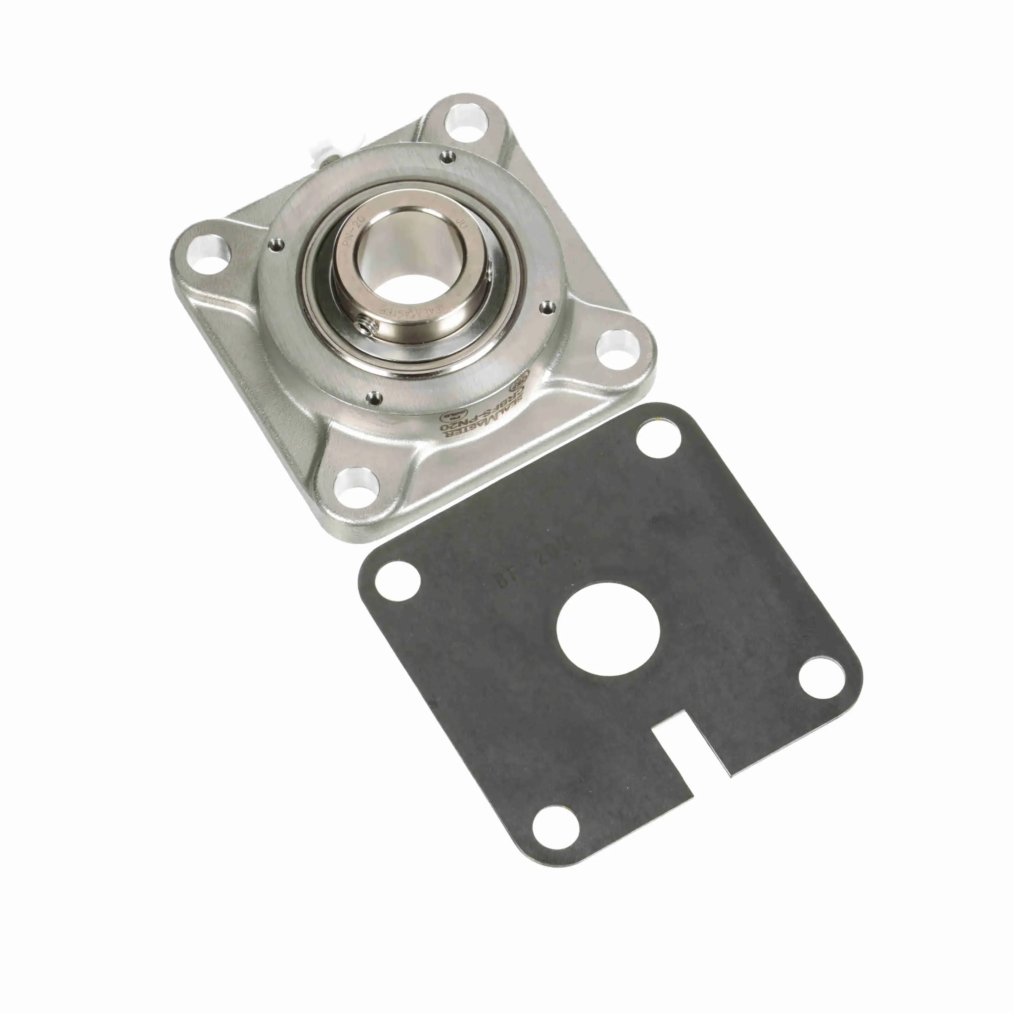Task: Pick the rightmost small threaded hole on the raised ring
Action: (548, 306)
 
